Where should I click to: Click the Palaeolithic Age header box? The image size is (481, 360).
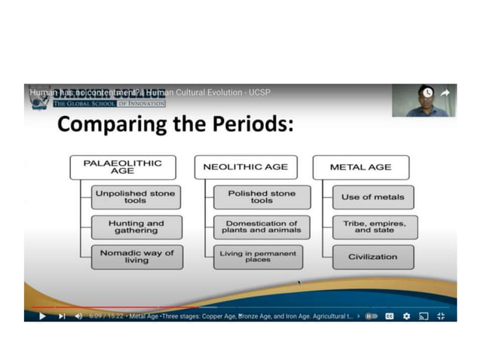[122, 167]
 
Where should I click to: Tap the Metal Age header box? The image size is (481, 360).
[361, 167]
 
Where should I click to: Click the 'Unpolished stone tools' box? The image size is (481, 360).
[136, 197]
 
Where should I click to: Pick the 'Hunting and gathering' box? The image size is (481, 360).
[136, 227]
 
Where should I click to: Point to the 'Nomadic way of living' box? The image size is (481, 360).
[136, 257]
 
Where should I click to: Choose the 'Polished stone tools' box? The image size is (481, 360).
[261, 197]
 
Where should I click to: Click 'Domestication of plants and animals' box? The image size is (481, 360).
[261, 227]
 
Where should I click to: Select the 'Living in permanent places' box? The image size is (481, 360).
[257, 257]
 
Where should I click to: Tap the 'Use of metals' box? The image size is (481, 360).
[372, 197]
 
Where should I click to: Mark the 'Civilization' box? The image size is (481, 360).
[372, 257]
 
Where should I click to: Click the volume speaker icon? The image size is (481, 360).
[79, 316]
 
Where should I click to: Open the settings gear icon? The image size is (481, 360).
[406, 316]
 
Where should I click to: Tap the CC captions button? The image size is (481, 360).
[390, 316]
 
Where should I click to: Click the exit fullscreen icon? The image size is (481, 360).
[441, 316]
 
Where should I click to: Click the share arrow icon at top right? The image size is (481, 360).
[445, 93]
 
